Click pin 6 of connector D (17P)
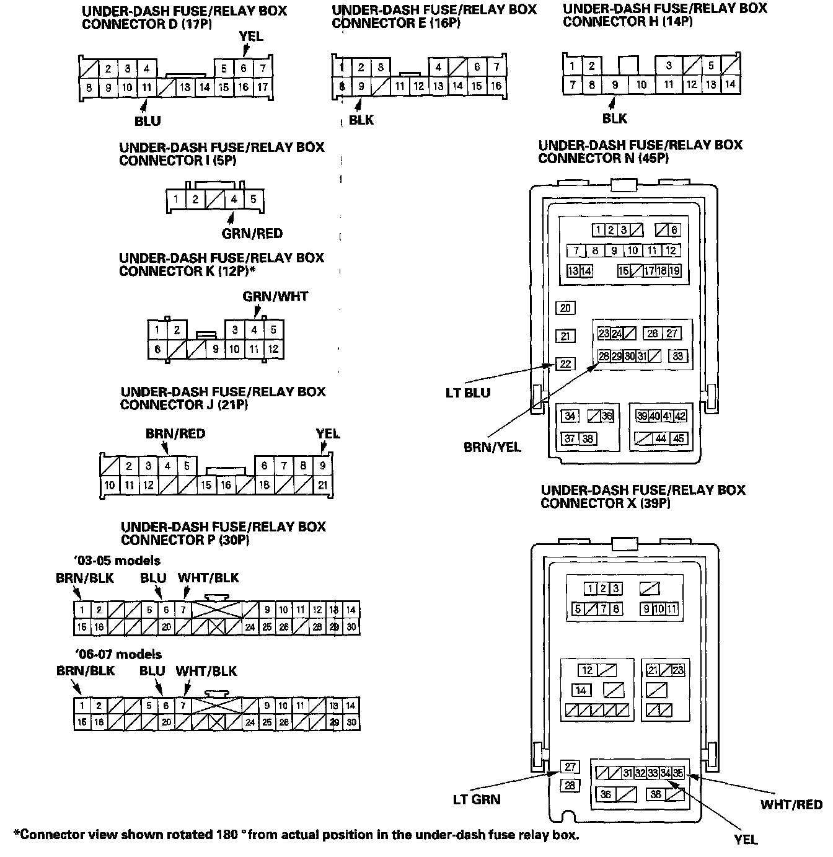pos(244,69)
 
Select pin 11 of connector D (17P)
pos(146,88)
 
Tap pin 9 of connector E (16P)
pos(361,87)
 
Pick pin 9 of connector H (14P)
pos(615,85)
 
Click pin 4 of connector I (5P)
pos(234,200)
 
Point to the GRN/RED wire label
pos(252,234)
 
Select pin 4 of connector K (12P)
pos(254,330)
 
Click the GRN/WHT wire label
pos(275,296)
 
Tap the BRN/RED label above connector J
pos(175,433)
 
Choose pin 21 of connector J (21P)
pos(323,485)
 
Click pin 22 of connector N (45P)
pos(565,364)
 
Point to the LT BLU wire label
pos(468,393)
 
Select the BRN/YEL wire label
pos(492,446)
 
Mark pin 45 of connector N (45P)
pos(679,438)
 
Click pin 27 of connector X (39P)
pos(570,767)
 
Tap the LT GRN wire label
pos(476,799)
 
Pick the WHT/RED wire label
pos(791,804)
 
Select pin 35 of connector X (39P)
pos(679,773)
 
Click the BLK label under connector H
pos(615,118)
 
